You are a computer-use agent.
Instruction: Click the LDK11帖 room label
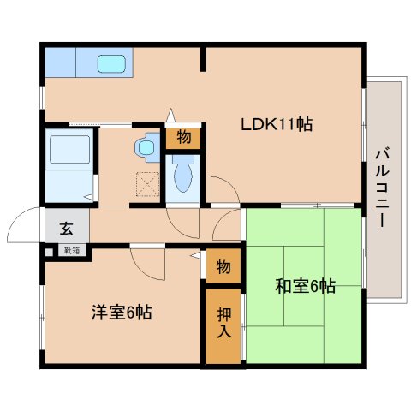pyautogui.click(x=277, y=124)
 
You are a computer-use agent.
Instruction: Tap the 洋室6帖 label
pyautogui.click(x=122, y=313)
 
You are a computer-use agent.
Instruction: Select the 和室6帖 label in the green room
pyautogui.click(x=305, y=286)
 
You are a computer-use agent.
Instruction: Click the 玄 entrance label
pyautogui.click(x=66, y=229)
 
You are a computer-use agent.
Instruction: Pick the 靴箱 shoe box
pyautogui.click(x=72, y=251)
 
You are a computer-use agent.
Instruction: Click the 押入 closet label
pyautogui.click(x=224, y=323)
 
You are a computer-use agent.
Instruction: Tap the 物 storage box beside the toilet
pyautogui.click(x=183, y=137)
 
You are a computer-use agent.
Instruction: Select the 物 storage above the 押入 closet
pyautogui.click(x=223, y=266)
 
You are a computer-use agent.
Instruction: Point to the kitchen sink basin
pyautogui.click(x=111, y=63)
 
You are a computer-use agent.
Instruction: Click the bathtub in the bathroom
pyautogui.click(x=70, y=150)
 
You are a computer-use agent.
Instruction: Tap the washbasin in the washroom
pyautogui.click(x=147, y=147)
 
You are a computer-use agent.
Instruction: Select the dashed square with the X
pyautogui.click(x=147, y=184)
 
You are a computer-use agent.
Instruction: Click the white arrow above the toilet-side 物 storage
pyautogui.click(x=170, y=115)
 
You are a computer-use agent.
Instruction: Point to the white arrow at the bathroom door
pyautogui.click(x=89, y=197)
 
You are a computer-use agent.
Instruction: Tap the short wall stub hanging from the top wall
pyautogui.click(x=203, y=59)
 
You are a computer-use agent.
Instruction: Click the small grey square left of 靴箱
pyautogui.click(x=49, y=253)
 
